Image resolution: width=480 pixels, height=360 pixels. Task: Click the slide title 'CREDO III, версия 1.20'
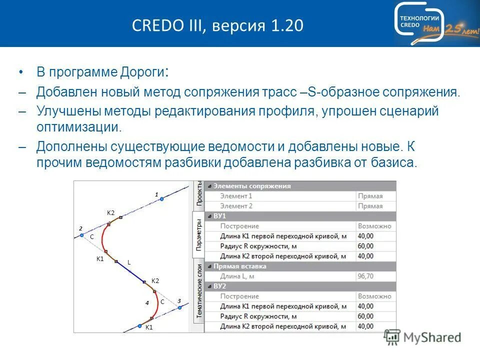(217, 25)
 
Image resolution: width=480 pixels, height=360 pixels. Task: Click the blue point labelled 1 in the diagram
(161, 199)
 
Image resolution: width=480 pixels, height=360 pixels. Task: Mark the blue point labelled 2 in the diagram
(82, 234)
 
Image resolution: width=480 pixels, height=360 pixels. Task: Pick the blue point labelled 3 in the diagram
(179, 307)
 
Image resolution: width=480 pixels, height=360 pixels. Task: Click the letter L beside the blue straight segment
(129, 262)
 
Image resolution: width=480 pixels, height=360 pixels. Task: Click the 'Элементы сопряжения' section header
(252, 186)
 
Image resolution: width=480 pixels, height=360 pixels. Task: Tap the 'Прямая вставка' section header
(239, 266)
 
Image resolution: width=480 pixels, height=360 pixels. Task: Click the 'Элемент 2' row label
(236, 206)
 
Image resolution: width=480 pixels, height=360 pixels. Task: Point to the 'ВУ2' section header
(220, 286)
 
